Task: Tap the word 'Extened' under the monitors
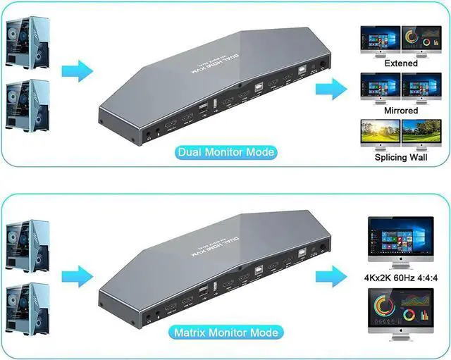[x=401, y=63]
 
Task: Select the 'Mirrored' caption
[x=401, y=111]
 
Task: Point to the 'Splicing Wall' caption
[x=401, y=157]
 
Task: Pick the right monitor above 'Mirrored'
[x=421, y=86]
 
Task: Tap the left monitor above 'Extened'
[x=379, y=39]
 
